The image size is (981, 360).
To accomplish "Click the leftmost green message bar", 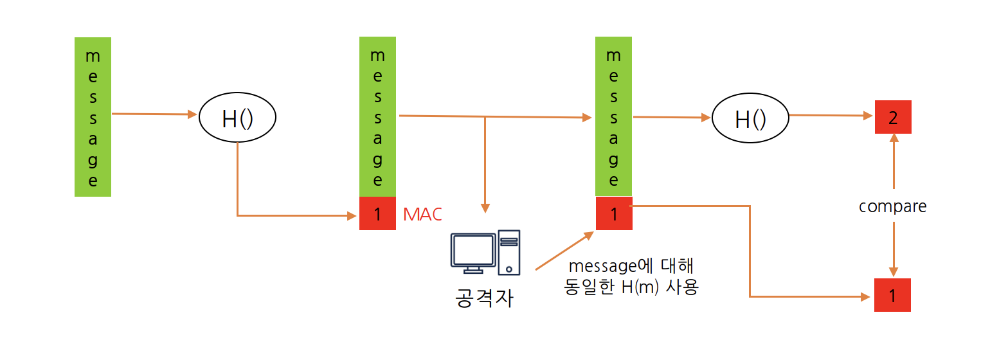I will pos(93,116).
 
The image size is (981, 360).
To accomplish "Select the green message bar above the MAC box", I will pos(377,116).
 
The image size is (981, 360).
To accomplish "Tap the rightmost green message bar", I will pos(614,116).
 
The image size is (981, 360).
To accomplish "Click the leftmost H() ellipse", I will pos(237,118).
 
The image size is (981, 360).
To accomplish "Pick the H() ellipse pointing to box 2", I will pos(750,118).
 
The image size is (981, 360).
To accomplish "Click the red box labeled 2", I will pos(893,117).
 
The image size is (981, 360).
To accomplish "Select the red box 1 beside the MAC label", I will pos(377,213).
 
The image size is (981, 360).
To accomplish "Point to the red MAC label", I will pos(422,214).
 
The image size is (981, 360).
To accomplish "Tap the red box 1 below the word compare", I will pos(892,296).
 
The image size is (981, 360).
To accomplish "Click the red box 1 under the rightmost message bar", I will pos(614,213).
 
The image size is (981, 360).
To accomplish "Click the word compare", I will pos(892,206).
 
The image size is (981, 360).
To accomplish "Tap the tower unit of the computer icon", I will pos(508,251).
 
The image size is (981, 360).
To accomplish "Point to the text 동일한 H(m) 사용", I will pos(631,287).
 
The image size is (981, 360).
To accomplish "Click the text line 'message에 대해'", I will pos(630,265).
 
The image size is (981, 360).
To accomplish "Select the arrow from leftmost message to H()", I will pos(154,114).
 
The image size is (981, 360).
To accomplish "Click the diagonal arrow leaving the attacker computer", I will pos(564,251).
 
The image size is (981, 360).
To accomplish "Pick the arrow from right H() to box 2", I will pos(831,116).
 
